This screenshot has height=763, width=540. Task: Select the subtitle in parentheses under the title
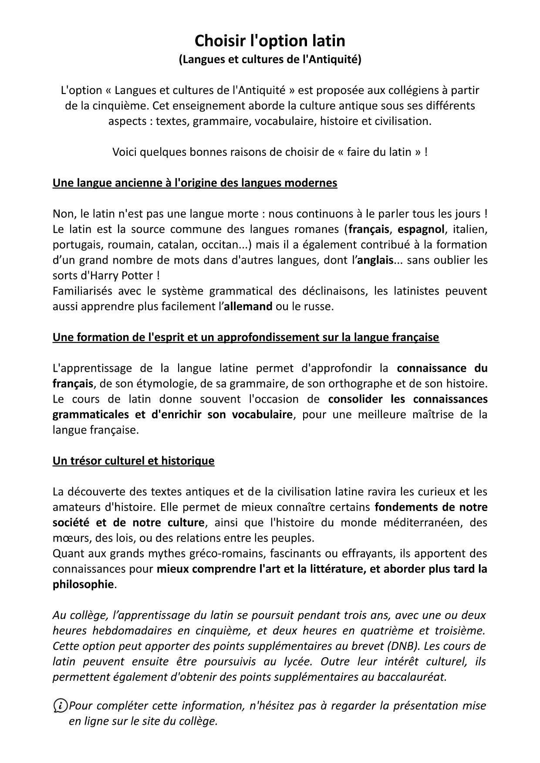pyautogui.click(x=270, y=60)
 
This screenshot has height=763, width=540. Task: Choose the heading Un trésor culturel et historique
pyautogui.click(x=133, y=460)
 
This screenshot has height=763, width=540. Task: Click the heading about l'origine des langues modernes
pyautogui.click(x=195, y=183)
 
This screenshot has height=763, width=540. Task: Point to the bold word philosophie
pyautogui.click(x=83, y=584)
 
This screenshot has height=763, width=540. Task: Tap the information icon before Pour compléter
pyautogui.click(x=60, y=705)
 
